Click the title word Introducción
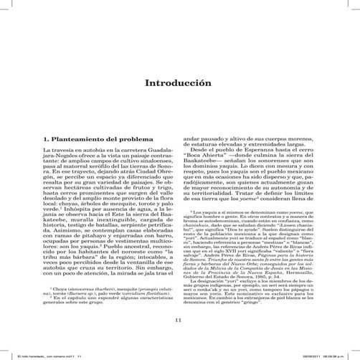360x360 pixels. (x=179, y=83)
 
